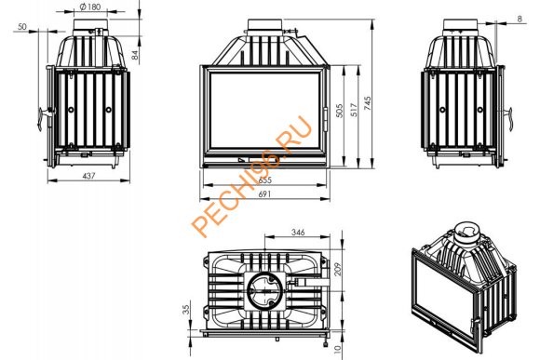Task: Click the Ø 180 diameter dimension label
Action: point(88,7)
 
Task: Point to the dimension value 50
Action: point(21,26)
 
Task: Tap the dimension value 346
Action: point(298,233)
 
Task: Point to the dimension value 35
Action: point(187,309)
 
